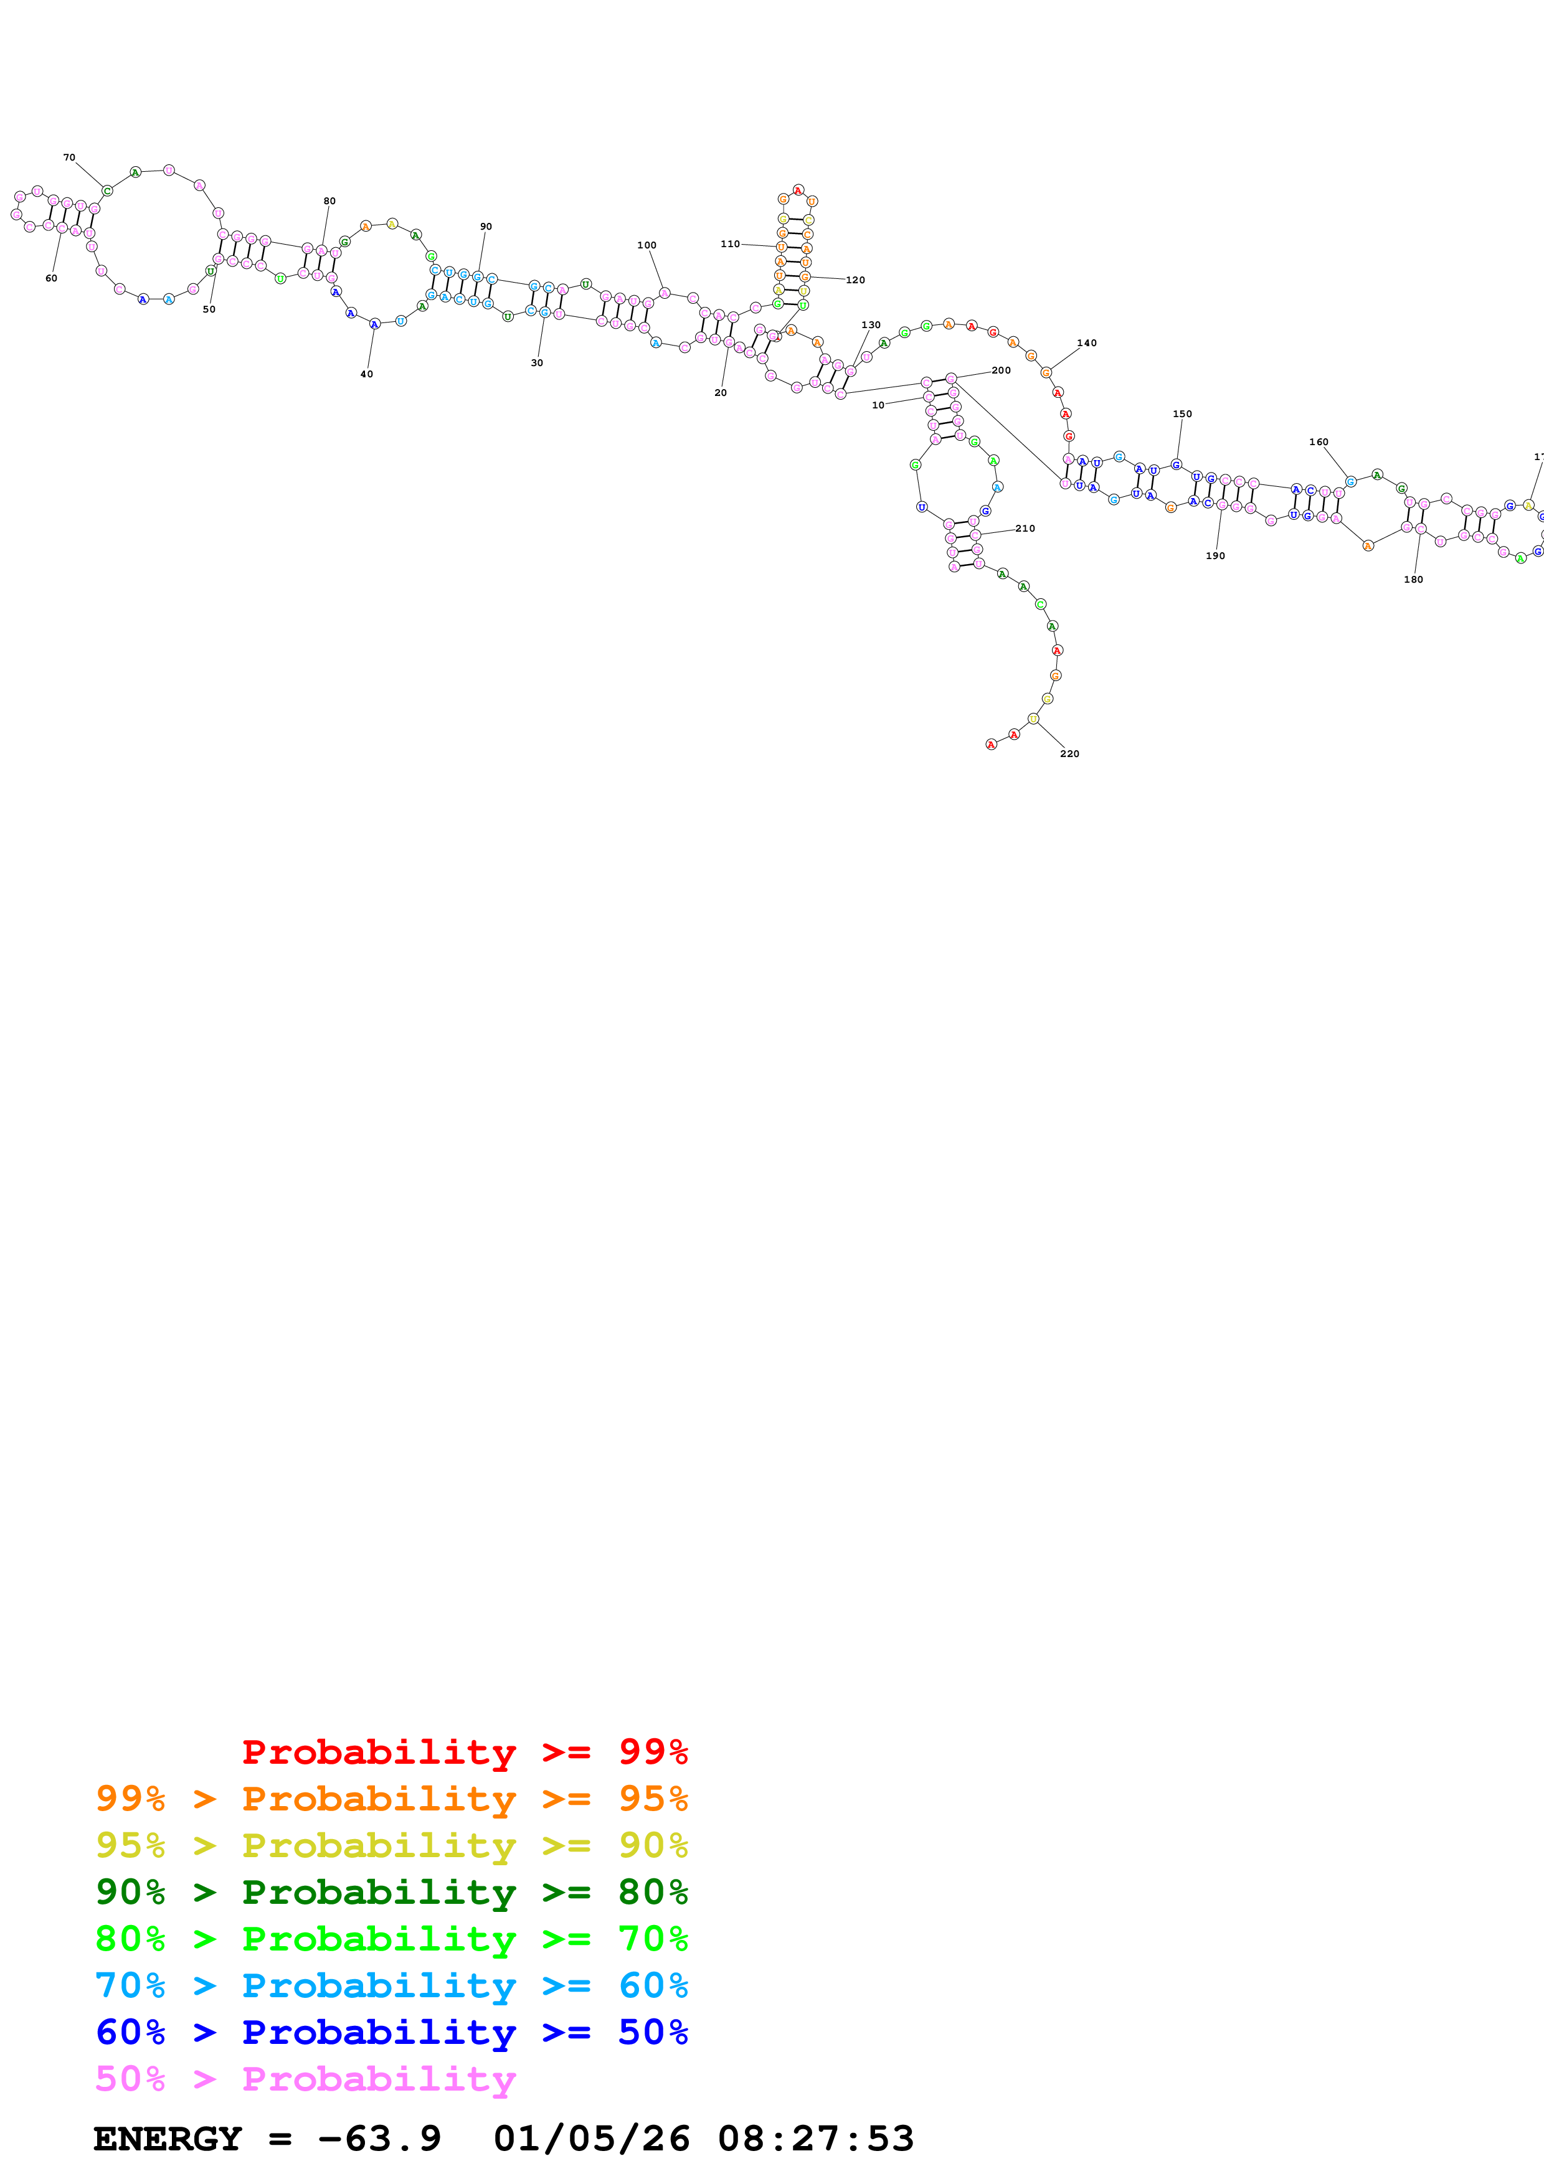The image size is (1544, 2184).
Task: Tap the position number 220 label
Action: pyautogui.click(x=1069, y=753)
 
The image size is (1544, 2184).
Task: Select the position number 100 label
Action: pyautogui.click(x=647, y=245)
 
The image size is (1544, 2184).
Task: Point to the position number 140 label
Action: pyautogui.click(x=1086, y=344)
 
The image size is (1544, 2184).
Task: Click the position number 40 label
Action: pyautogui.click(x=366, y=374)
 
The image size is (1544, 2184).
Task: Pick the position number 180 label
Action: pyautogui.click(x=1414, y=579)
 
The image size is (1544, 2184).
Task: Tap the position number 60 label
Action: pyautogui.click(x=51, y=278)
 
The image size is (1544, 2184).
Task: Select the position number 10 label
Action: pyautogui.click(x=878, y=405)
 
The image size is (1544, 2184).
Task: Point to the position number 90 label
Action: pyautogui.click(x=486, y=227)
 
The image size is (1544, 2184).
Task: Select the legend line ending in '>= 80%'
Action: pyautogui.click(x=392, y=1893)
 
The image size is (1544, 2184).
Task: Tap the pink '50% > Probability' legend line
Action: pyautogui.click(x=305, y=2079)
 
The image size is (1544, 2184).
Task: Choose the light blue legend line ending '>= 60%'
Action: pyautogui.click(x=392, y=1986)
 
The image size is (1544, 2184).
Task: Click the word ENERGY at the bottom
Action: pyautogui.click(x=168, y=2139)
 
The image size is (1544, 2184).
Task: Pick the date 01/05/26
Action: pyautogui.click(x=592, y=2139)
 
